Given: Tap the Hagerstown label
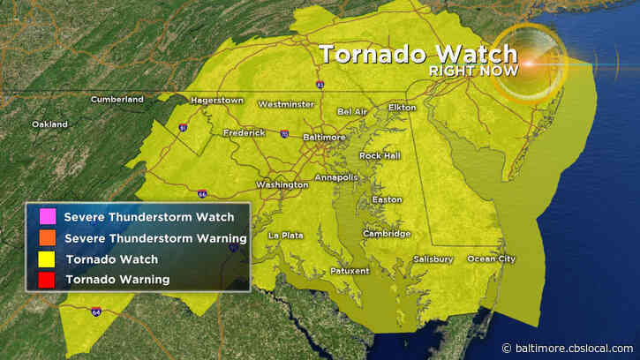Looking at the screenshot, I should tap(216, 101).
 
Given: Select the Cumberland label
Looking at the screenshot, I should tap(117, 100).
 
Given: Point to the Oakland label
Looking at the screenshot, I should tap(49, 124).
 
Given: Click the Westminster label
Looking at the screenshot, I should tap(285, 104).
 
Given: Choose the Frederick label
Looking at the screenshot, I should tap(244, 133).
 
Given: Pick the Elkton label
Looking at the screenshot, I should tap(403, 108).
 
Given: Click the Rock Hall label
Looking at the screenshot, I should tap(379, 155).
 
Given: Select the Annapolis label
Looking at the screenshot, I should tap(336, 176).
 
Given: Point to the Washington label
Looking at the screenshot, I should tap(282, 184).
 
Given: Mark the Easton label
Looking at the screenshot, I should tap(387, 199).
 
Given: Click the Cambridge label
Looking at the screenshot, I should tap(385, 234).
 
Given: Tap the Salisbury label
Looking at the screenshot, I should tap(433, 259).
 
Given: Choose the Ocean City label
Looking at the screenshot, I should tap(491, 259).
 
